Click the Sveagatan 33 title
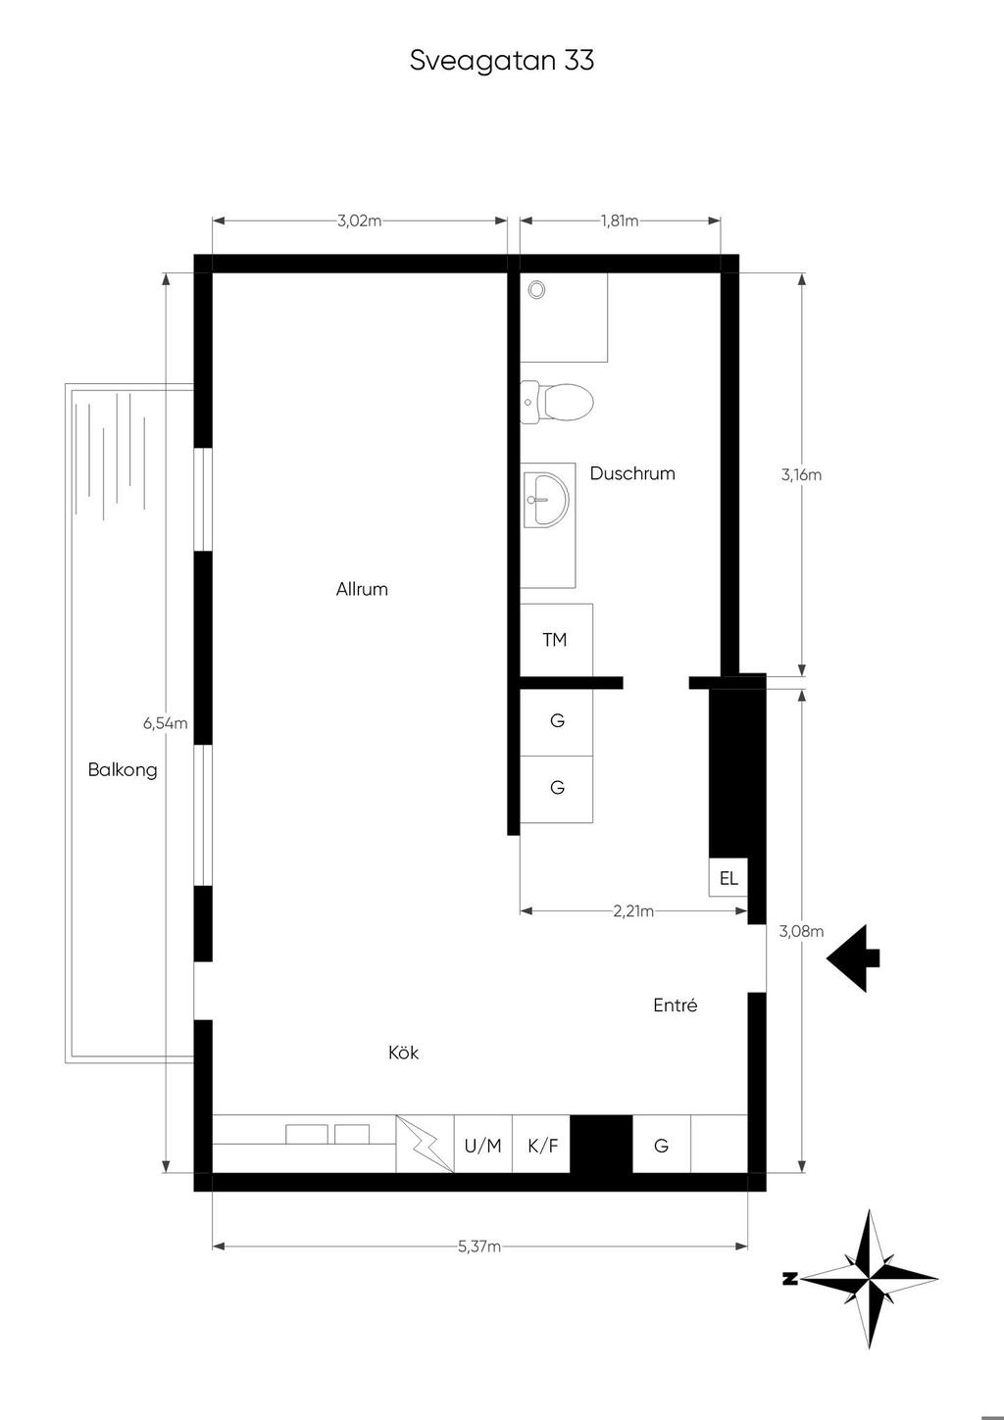[x=501, y=61]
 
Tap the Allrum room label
[x=362, y=589]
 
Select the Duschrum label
[x=632, y=473]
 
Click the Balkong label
[x=123, y=770]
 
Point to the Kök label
[x=403, y=1053]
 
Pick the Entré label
[x=676, y=1004]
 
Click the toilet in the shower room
[x=557, y=403]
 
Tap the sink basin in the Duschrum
[x=547, y=500]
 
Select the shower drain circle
[x=537, y=290]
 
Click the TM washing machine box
[x=556, y=640]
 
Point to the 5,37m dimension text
[x=479, y=1247]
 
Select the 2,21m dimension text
[x=633, y=911]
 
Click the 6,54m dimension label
[x=166, y=723]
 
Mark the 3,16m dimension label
[x=801, y=475]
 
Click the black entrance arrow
[x=853, y=958]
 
